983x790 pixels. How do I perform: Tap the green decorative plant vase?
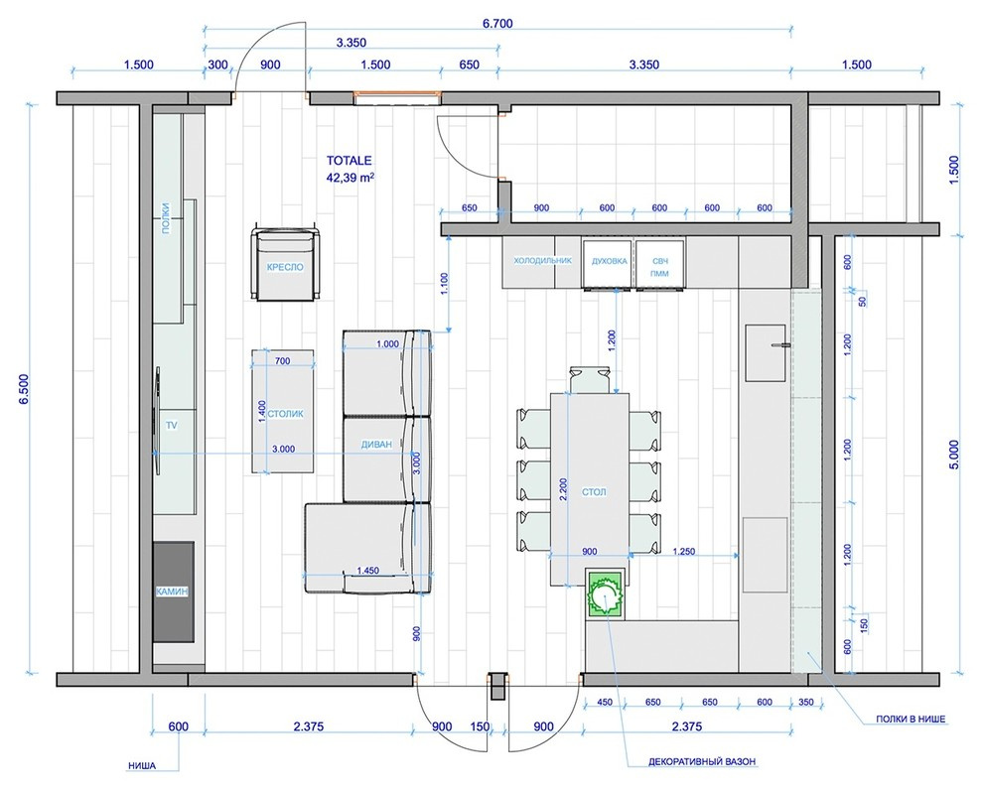tap(605, 593)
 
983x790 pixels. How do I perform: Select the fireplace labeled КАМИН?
tap(174, 592)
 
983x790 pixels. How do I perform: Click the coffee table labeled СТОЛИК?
tap(283, 411)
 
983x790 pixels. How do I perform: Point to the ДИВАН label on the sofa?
tap(376, 445)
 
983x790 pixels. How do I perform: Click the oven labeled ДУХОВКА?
tap(609, 263)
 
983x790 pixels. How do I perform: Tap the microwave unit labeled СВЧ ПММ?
tap(659, 266)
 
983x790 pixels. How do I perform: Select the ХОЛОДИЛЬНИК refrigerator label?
tap(543, 261)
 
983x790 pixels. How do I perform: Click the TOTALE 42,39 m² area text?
tap(350, 169)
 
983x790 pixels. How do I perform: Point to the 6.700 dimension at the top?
tap(497, 24)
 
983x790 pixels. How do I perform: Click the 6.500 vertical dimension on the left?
tap(24, 391)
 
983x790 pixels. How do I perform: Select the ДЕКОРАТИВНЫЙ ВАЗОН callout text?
tap(702, 762)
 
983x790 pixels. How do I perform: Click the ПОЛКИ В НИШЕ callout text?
tap(911, 720)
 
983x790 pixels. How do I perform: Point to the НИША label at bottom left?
tap(142, 765)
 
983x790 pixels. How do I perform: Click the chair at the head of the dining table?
tap(590, 380)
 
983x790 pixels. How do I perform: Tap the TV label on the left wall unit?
tap(172, 426)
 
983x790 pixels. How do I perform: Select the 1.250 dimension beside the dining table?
tap(683, 551)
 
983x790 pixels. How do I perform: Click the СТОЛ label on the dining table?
tap(594, 492)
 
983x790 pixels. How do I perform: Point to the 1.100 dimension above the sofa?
tap(445, 284)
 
